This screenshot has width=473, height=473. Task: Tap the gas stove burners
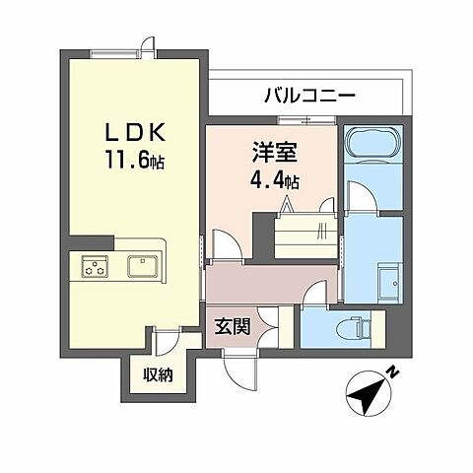[95, 265]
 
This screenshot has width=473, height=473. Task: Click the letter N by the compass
[392, 373]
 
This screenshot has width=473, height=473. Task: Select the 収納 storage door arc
[166, 340]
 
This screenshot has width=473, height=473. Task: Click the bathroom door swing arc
[361, 195]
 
